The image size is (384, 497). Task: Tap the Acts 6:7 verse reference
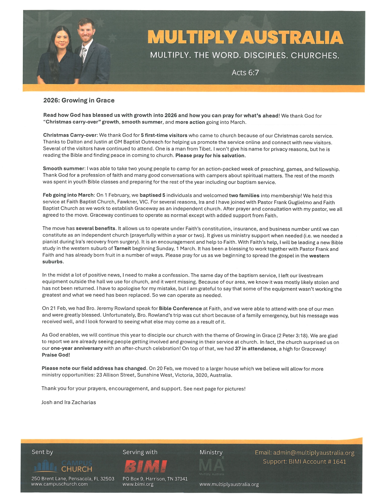tap(245, 72)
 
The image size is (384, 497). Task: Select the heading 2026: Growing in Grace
tap(79, 100)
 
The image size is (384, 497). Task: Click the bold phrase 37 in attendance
tap(255, 348)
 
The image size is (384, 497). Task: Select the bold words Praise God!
tap(56, 355)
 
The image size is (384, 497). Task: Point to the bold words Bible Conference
tap(180, 309)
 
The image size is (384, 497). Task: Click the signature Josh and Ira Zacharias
tap(69, 402)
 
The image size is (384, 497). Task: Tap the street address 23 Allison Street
tap(115, 375)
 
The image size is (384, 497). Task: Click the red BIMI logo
tap(145, 466)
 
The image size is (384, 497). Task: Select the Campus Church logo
tap(63, 466)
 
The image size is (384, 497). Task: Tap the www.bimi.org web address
tap(138, 484)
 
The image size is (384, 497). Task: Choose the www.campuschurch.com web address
tap(60, 484)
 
